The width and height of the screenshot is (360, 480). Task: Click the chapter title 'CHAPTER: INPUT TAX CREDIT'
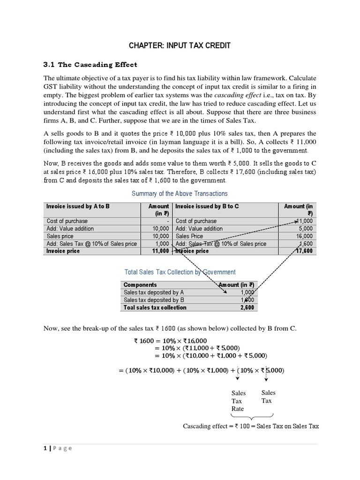180,45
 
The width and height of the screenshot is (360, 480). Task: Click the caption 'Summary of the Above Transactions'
180,194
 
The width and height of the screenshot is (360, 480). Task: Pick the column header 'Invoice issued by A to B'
78,206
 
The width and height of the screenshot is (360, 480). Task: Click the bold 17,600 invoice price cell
303,251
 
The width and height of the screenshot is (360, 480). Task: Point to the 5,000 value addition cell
305,228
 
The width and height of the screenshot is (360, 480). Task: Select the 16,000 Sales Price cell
304,236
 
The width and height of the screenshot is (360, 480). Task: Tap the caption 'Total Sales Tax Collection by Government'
180,272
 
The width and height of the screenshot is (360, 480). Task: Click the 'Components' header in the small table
140,285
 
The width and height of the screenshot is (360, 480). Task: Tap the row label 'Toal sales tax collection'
155,307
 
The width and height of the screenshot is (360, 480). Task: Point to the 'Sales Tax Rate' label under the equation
238,400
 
